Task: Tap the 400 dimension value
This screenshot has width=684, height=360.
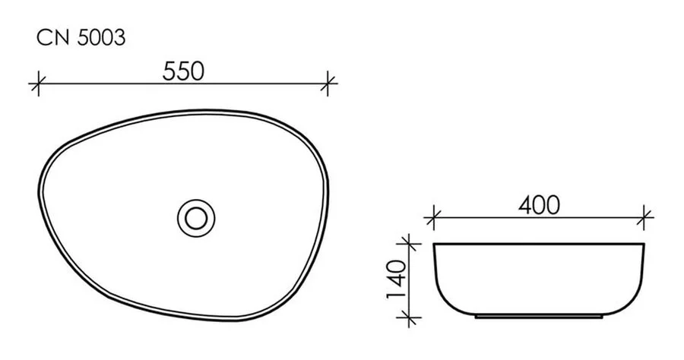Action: click(539, 205)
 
